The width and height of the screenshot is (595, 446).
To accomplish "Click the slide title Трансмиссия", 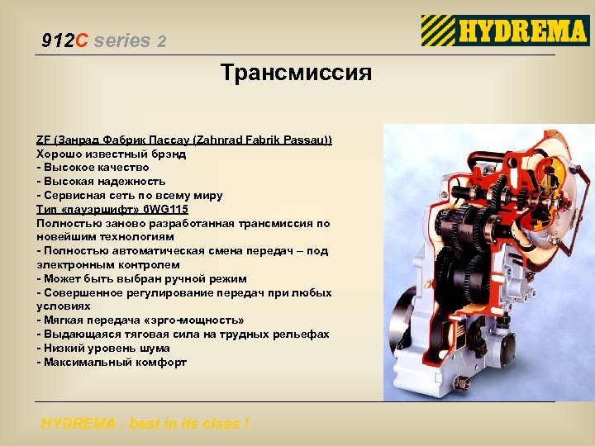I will point(297,73).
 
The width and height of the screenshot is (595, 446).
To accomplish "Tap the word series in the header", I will point(122,40).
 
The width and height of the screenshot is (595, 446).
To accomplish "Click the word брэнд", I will point(168,154).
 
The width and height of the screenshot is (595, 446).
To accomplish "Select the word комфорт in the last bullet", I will point(158,362).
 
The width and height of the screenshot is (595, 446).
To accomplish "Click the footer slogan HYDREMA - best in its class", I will point(145,424).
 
